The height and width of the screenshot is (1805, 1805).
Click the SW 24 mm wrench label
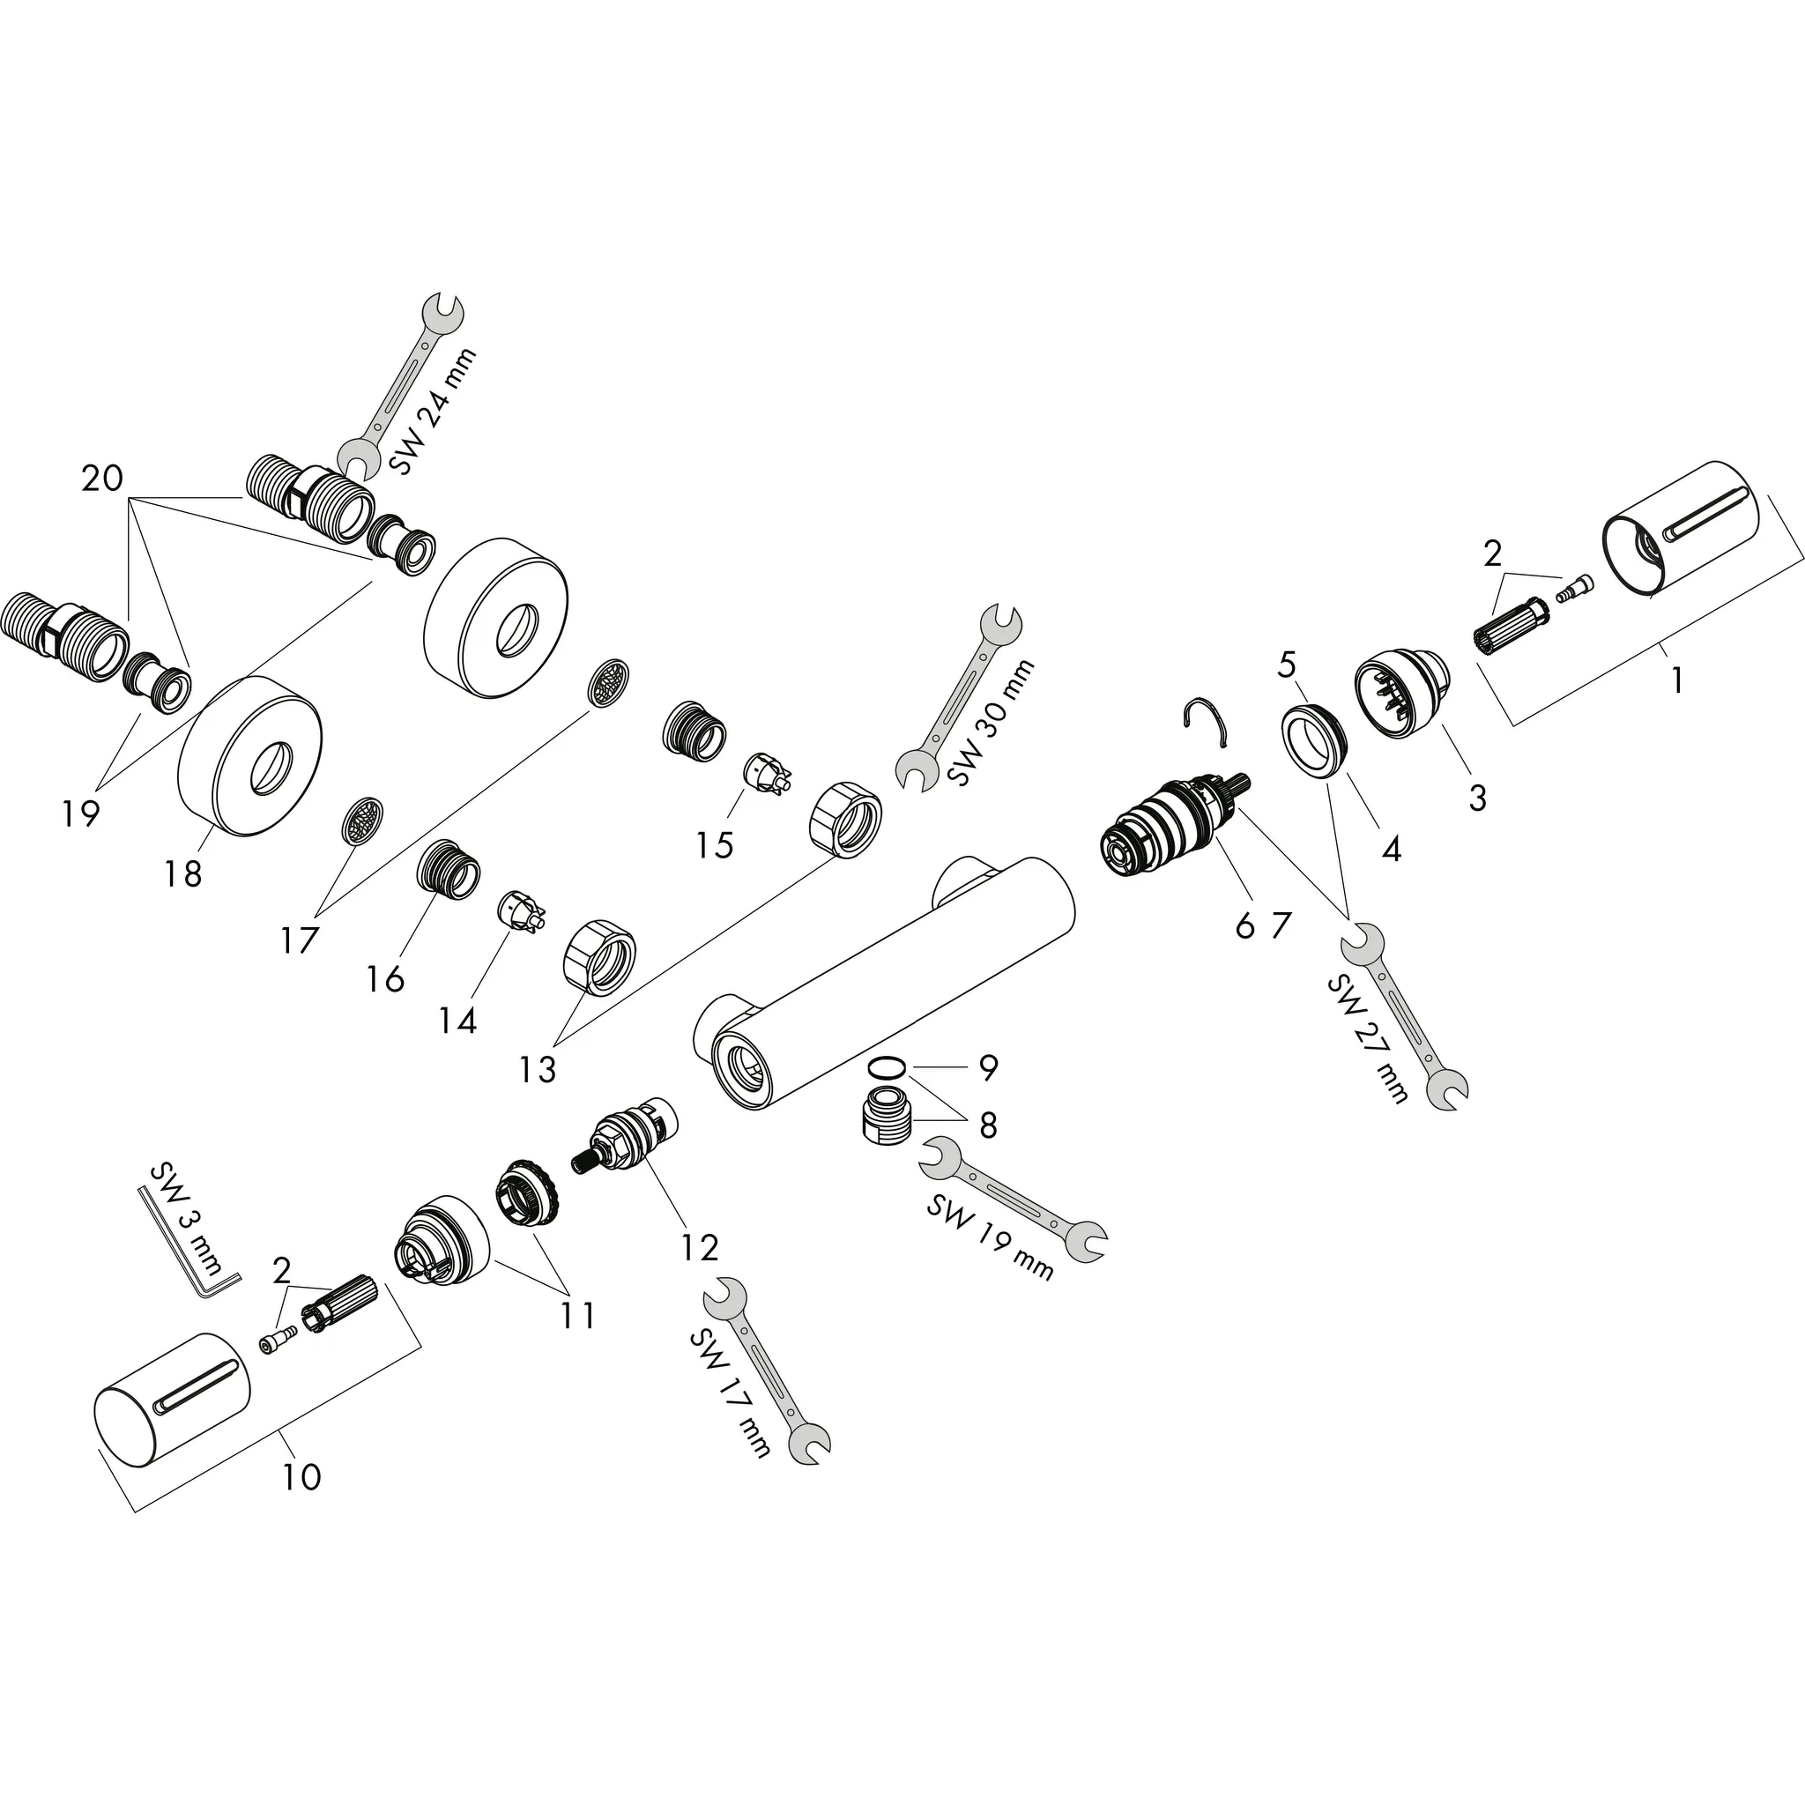(x=433, y=411)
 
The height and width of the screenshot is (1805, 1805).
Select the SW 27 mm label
(x=1368, y=1038)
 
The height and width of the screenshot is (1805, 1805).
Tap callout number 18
(x=182, y=874)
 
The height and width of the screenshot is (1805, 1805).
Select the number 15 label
(x=714, y=845)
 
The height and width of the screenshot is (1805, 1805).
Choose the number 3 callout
(x=1477, y=798)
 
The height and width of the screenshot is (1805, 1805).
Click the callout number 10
(x=301, y=1477)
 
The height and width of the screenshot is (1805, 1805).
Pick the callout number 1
(x=1676, y=680)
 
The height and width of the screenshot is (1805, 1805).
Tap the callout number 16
(x=386, y=978)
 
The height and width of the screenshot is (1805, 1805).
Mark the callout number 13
(x=538, y=1069)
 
